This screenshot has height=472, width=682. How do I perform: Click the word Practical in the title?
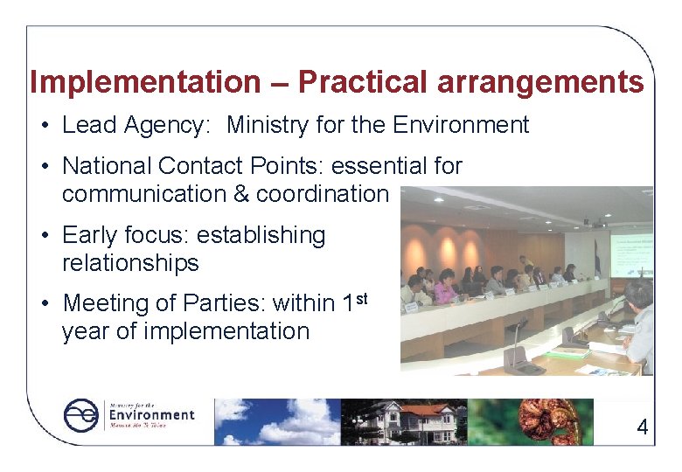point(363,82)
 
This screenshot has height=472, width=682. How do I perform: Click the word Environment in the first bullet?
point(461,125)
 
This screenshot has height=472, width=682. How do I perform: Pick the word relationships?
point(130,262)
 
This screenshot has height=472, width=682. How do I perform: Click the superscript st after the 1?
point(360,299)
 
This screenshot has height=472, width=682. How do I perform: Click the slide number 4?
point(643,427)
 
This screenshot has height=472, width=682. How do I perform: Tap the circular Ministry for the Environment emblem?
point(81,415)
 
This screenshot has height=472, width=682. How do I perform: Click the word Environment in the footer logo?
point(150,414)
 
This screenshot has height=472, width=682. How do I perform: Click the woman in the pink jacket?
point(444,288)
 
